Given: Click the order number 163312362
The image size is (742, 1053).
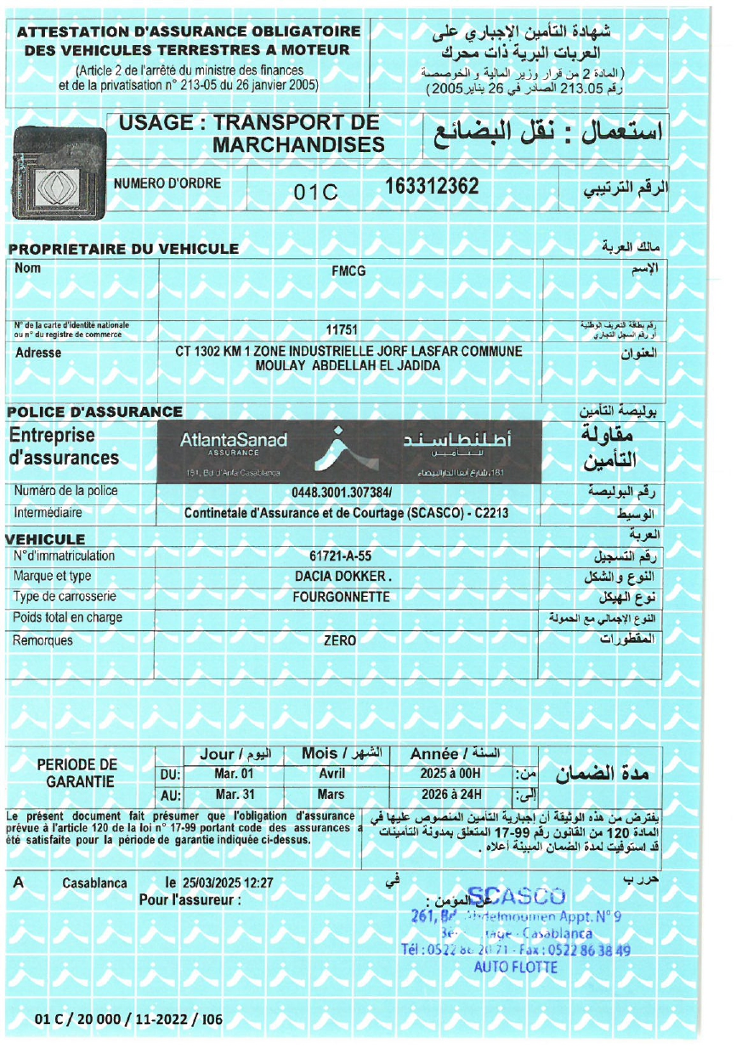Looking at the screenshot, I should point(432,186).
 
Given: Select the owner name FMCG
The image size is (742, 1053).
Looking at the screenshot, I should point(348,272).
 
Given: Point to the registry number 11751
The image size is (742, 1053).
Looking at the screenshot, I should point(342,329).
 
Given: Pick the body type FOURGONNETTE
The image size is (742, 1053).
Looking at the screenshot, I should point(341,597).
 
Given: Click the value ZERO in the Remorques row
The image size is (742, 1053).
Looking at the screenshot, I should point(340,641).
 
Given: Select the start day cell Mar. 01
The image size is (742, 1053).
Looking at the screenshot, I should point(235,774).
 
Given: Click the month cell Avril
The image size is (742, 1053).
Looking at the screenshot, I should point(331,774).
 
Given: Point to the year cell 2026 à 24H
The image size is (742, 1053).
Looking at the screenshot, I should point(450,795).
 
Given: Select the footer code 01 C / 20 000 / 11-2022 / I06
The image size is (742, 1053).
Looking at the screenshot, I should point(128,1019).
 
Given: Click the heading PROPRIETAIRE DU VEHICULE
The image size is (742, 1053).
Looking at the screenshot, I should point(124,249).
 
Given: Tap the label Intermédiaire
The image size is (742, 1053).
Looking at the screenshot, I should point(48,513).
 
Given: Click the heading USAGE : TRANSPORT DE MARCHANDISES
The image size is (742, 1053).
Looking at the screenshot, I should point(252,133).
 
